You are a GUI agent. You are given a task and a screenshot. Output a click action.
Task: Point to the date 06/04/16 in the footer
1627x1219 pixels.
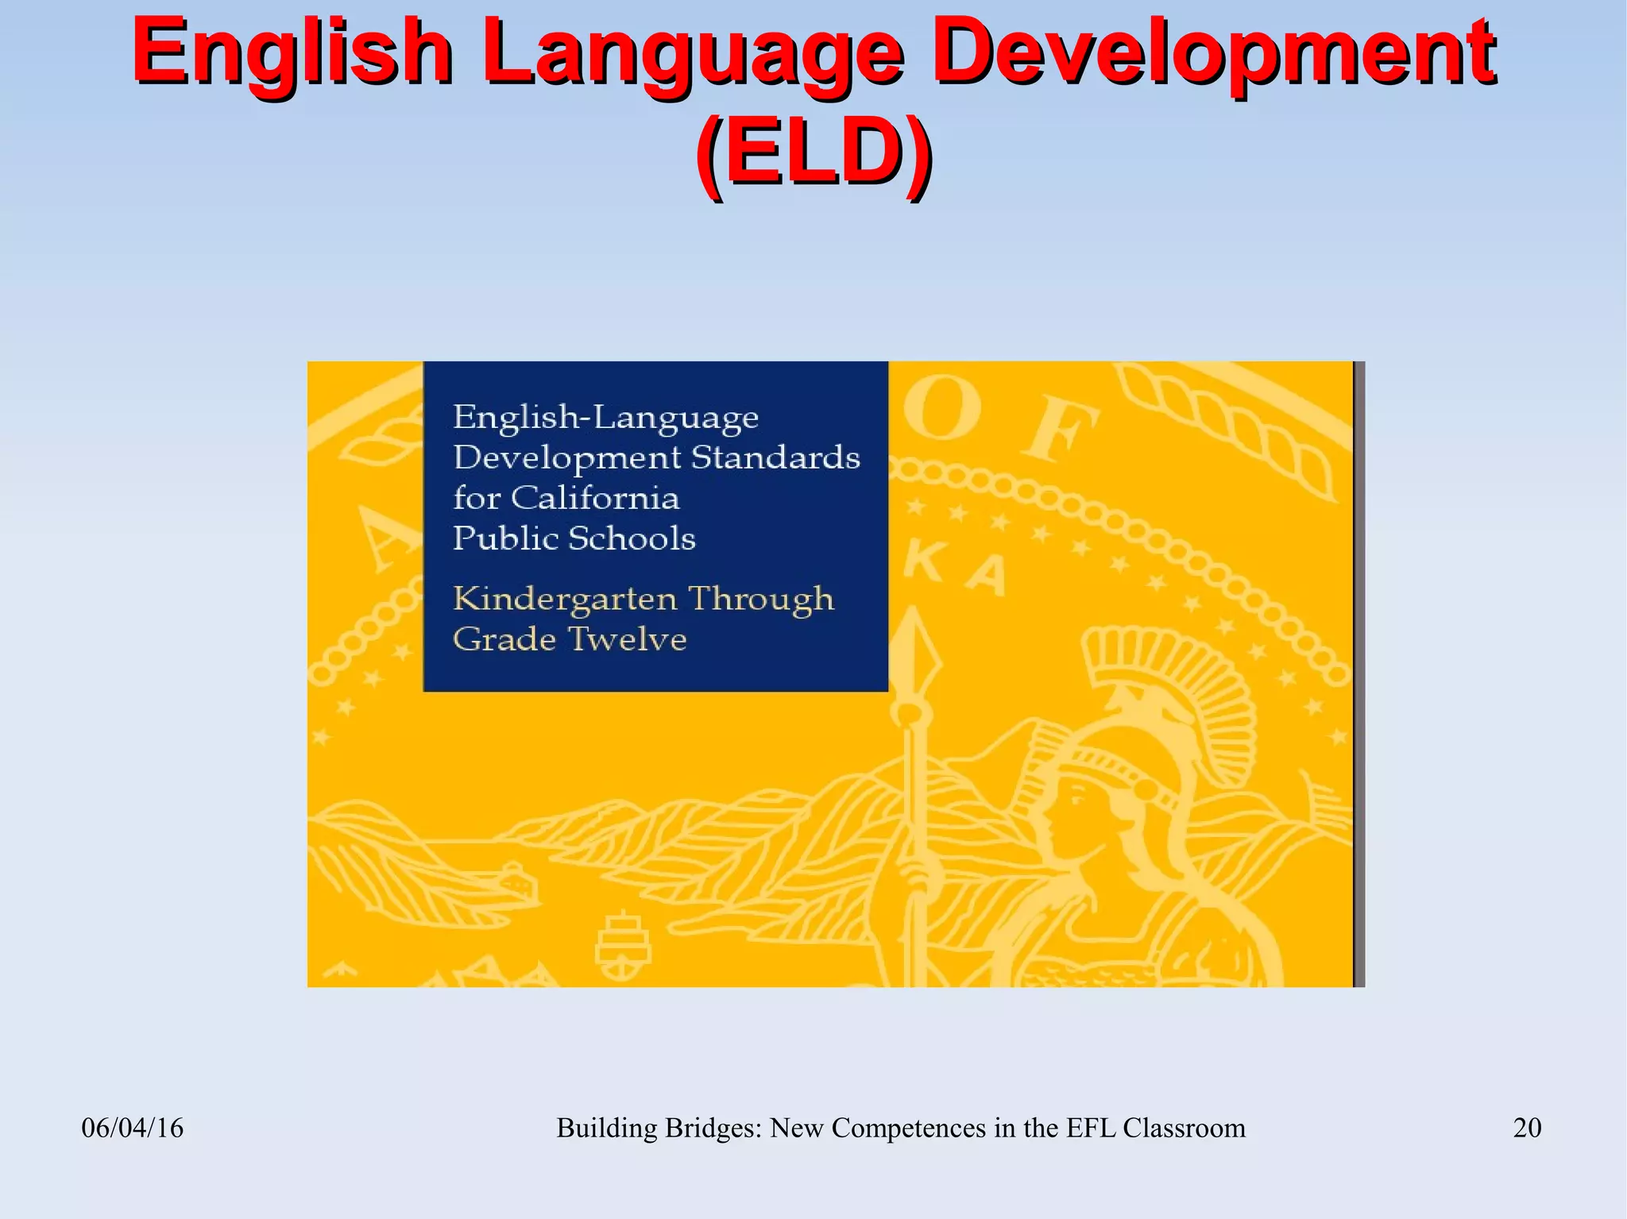point(133,1128)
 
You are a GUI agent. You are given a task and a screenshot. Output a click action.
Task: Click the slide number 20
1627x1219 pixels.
point(1527,1128)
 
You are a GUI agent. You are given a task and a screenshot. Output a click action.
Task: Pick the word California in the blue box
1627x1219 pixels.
point(595,499)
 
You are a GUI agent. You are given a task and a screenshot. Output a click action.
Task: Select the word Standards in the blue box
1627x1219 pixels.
point(775,458)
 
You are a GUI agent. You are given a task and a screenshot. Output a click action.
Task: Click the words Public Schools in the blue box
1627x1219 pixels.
point(574,539)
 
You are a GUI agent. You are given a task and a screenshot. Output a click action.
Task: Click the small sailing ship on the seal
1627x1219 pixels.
point(624,947)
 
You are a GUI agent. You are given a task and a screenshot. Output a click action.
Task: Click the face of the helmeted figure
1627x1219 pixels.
point(1065,818)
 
